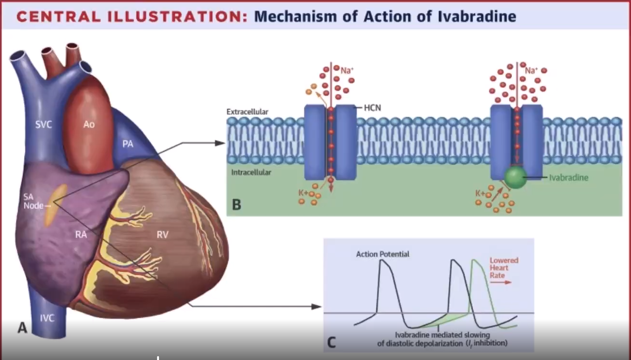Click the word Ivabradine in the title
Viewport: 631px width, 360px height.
pyautogui.click(x=477, y=16)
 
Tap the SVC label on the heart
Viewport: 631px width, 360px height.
pyautogui.click(x=44, y=124)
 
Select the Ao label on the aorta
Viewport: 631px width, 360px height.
pyautogui.click(x=89, y=124)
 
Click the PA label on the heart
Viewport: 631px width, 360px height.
pyautogui.click(x=128, y=144)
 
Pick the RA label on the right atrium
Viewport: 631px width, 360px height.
pyautogui.click(x=81, y=234)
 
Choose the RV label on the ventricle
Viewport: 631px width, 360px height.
pyautogui.click(x=162, y=234)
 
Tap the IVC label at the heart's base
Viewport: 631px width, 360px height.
pyautogui.click(x=47, y=318)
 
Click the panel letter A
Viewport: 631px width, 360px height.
pyautogui.click(x=23, y=328)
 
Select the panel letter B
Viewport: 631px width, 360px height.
pyautogui.click(x=237, y=204)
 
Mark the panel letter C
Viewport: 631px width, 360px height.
pyautogui.click(x=331, y=343)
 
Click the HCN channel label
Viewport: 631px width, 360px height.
pyautogui.click(x=372, y=108)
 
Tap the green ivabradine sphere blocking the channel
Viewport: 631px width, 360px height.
pyautogui.click(x=515, y=177)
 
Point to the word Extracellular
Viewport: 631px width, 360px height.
pyautogui.click(x=247, y=112)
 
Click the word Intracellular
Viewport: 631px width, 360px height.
pyautogui.click(x=251, y=172)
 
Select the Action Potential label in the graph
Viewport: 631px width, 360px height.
pyautogui.click(x=383, y=254)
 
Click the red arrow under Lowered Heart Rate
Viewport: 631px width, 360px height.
pyautogui.click(x=500, y=282)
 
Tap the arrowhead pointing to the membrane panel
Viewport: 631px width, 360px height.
pyautogui.click(x=220, y=143)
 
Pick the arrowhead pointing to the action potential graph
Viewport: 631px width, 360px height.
pyautogui.click(x=316, y=307)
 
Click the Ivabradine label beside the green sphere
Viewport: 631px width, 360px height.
pyautogui.click(x=569, y=178)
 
